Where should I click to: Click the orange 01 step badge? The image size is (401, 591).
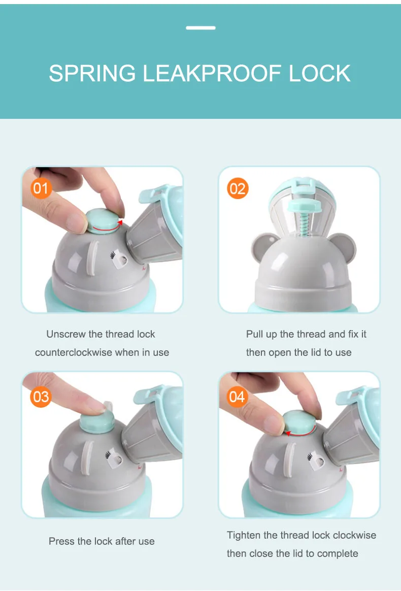(x=41, y=188)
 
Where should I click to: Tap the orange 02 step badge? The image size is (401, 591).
(x=238, y=188)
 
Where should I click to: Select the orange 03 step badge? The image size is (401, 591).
(x=41, y=397)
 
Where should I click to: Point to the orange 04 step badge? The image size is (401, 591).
(x=238, y=397)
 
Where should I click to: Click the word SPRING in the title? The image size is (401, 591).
(x=92, y=73)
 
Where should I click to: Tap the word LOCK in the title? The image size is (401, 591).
(x=320, y=73)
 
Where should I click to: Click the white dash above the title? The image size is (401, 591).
(x=201, y=27)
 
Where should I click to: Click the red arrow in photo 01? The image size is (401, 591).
(x=107, y=227)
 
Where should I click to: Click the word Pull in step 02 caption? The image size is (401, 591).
(x=254, y=334)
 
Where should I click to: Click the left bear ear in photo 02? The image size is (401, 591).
(x=263, y=246)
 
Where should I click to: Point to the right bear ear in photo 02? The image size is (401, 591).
(x=344, y=247)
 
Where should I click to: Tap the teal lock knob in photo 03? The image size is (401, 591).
(x=97, y=421)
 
